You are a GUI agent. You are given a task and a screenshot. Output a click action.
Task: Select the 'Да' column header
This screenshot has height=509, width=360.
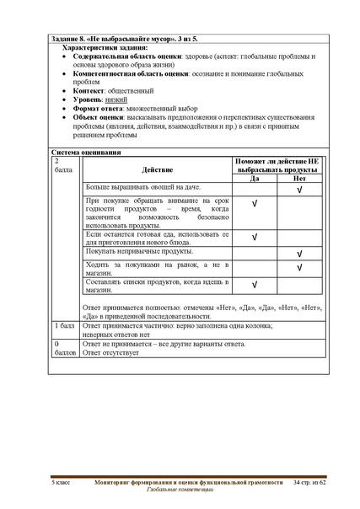click(255, 179)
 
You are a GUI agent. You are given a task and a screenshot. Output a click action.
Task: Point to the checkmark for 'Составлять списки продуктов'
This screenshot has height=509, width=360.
click(255, 285)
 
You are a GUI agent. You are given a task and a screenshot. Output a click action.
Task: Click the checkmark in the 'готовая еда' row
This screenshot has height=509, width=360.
click(255, 237)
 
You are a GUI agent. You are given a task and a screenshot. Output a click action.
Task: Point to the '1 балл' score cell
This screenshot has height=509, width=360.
click(66, 325)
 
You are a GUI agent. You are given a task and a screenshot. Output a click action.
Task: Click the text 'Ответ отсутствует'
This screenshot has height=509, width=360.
click(114, 353)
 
